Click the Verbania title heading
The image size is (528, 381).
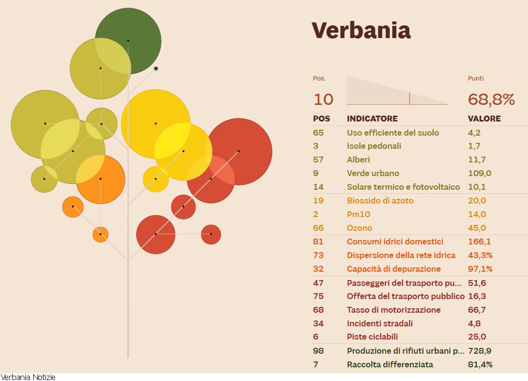tap(361, 30)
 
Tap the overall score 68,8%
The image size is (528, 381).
tap(491, 100)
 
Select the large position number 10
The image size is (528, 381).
tap(323, 100)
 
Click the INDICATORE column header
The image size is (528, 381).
tap(372, 119)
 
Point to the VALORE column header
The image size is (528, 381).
tap(484, 119)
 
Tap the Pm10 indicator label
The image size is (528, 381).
tap(357, 214)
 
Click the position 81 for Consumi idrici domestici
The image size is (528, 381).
tap(318, 241)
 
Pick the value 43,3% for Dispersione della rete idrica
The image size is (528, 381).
tap(480, 255)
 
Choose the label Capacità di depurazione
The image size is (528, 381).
tap(393, 269)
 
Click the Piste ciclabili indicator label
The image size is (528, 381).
tap(372, 337)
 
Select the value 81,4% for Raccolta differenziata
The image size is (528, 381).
tap(480, 364)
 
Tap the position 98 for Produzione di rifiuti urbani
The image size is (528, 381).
tap(318, 351)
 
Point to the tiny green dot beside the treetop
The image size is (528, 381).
tap(156, 68)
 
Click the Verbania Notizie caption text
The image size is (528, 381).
tap(28, 377)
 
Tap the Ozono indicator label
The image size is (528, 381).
tap(359, 228)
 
